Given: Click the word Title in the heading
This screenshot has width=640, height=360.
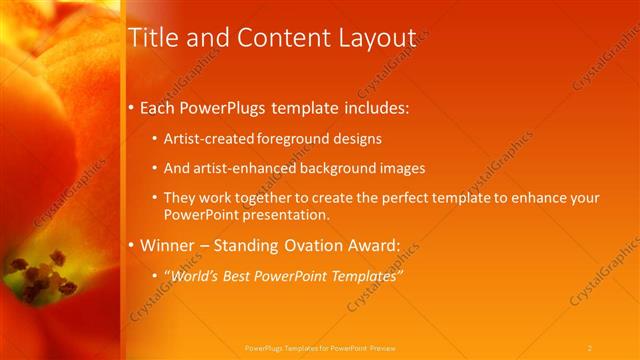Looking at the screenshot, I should tap(153, 38).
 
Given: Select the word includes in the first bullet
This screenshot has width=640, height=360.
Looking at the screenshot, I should tap(374, 107).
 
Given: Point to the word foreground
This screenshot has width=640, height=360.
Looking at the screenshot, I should tap(288, 138).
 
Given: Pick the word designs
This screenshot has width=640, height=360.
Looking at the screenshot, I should tap(354, 138).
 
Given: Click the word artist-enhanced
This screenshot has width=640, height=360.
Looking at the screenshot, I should tap(239, 168).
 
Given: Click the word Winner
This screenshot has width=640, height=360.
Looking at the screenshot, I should tap(168, 244).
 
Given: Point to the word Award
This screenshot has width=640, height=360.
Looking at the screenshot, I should tap(377, 244).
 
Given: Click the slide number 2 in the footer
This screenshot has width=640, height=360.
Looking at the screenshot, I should tap(590, 347).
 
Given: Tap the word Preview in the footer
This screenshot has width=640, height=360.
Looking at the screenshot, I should tap(383, 347).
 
